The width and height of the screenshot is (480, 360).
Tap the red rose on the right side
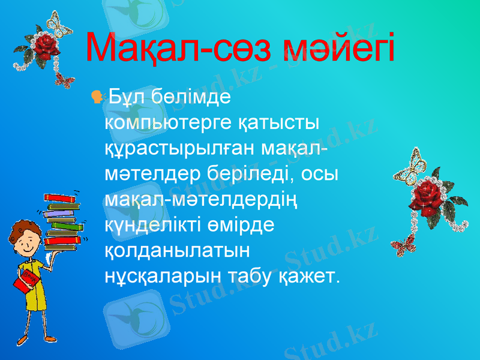point(427,194)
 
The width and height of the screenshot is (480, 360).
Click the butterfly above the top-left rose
point(59,23)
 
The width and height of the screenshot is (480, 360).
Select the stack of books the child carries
point(61,220)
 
